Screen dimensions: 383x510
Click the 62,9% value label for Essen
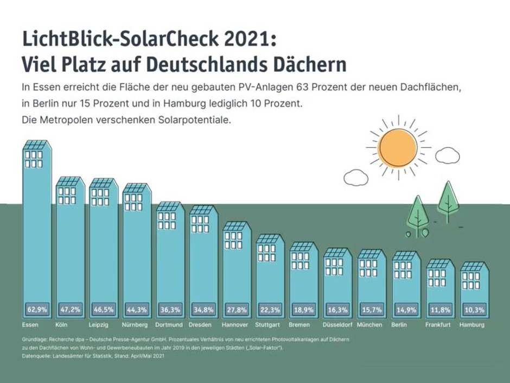(37, 310)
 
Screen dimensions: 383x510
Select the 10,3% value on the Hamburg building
(474, 310)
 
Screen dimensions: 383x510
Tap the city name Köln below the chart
(62, 325)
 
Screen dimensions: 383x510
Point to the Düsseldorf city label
(337, 325)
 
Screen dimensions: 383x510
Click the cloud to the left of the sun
(355, 177)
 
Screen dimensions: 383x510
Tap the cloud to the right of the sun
(448, 156)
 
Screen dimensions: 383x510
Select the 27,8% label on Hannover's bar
(237, 310)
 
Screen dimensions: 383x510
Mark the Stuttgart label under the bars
(267, 325)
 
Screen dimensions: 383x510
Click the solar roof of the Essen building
(36, 145)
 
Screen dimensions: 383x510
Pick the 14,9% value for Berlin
(405, 310)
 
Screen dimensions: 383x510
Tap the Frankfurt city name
(439, 325)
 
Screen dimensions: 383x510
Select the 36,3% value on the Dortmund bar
(170, 310)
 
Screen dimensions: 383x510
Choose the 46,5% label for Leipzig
(103, 310)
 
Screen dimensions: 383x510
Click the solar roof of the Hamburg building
(474, 267)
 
